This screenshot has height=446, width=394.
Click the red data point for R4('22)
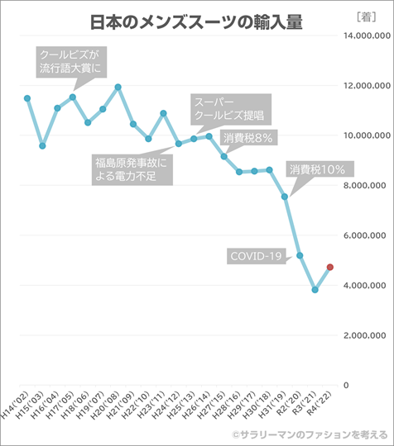point(330,267)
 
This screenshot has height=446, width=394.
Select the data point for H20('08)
point(118,87)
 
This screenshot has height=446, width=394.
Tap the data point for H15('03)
point(42,146)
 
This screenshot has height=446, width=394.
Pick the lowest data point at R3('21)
point(315,290)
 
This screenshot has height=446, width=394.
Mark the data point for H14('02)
point(27,98)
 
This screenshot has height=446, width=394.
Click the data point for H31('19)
point(285,197)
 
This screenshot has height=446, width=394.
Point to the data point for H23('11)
point(163,113)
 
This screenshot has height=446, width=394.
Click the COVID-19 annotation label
point(257,256)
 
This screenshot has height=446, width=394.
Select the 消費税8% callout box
point(248,138)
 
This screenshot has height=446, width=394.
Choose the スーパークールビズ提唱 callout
point(231,110)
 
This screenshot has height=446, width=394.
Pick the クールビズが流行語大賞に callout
point(71,62)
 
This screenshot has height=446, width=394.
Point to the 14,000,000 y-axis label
point(367,36)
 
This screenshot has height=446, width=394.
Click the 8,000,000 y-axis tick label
point(365,186)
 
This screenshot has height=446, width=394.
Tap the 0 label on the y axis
point(346,386)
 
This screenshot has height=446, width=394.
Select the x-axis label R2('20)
point(290,403)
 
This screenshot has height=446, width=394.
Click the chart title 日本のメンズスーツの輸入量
point(196,22)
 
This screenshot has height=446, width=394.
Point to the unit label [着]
point(367,17)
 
